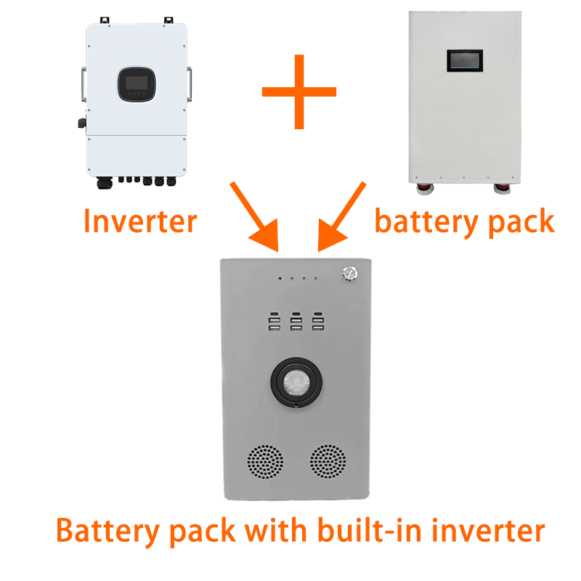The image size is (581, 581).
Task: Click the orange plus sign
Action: tap(298, 92)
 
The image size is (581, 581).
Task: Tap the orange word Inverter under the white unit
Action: tap(140, 221)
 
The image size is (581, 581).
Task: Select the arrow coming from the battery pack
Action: tap(342, 216)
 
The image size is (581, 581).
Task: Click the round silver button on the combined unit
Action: tap(349, 275)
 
